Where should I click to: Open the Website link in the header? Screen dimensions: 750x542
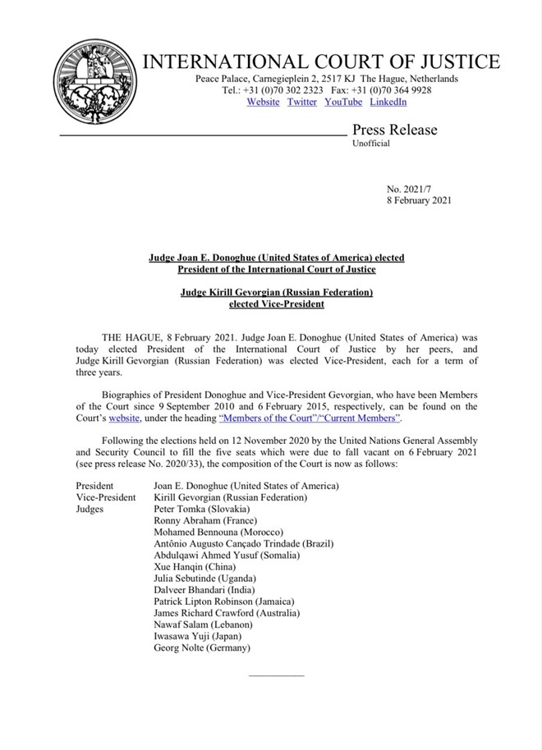click(263, 102)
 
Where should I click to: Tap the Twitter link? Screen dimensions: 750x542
click(302, 102)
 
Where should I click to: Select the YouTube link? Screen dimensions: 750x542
click(343, 102)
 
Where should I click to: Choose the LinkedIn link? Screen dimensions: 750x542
click(388, 102)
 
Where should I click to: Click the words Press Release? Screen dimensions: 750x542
click(395, 130)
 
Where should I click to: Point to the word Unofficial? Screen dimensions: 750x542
click(371, 144)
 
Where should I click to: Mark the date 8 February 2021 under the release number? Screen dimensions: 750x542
click(418, 200)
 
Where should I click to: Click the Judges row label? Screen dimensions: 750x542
click(91, 509)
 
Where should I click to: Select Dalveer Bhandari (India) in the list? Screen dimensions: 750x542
click(204, 590)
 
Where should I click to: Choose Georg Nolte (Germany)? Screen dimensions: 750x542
click(202, 647)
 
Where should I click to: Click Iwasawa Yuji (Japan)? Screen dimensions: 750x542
click(197, 636)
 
